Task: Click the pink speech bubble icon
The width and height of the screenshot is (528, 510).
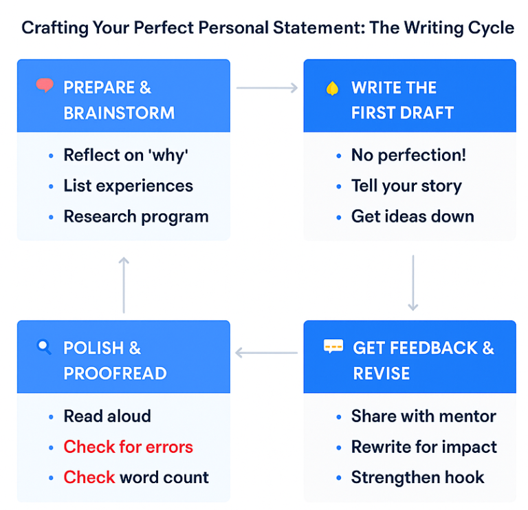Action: click(45, 86)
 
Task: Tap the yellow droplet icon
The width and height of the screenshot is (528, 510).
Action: click(333, 88)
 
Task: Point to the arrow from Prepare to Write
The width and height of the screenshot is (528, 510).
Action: click(267, 88)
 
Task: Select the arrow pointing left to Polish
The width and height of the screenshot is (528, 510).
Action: click(267, 353)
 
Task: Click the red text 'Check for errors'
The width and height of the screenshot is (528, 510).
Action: click(128, 447)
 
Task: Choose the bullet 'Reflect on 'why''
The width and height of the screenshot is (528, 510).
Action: click(125, 155)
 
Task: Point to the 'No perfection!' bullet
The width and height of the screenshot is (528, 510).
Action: click(408, 155)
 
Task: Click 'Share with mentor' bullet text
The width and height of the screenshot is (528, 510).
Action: click(423, 416)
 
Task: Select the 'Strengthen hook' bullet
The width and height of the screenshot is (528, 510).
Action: click(417, 477)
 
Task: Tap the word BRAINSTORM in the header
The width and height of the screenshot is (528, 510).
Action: click(119, 113)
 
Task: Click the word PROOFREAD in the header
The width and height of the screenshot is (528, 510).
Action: click(115, 374)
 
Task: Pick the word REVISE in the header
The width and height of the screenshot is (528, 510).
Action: click(381, 374)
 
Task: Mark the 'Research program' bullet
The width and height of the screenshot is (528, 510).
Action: click(135, 216)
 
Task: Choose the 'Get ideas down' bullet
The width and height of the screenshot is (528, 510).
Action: click(412, 216)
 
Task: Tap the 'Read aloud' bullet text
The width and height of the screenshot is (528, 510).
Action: click(107, 416)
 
